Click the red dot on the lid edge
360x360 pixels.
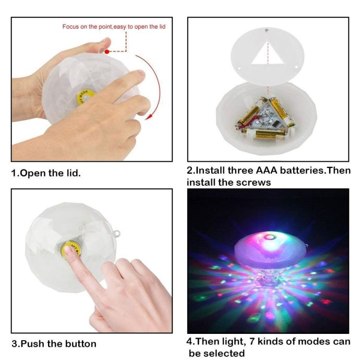(x=107, y=52)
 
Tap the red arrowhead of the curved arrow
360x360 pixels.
(x=149, y=116)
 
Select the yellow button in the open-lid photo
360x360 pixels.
(x=83, y=98)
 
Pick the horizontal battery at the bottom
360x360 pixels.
(x=264, y=134)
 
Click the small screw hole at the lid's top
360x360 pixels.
(x=267, y=30)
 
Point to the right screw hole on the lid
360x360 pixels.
(x=296, y=67)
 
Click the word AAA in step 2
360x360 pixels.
(x=266, y=171)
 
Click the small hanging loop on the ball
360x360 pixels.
(x=117, y=234)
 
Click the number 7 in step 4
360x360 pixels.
(x=252, y=341)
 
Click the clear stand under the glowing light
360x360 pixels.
(x=268, y=278)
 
